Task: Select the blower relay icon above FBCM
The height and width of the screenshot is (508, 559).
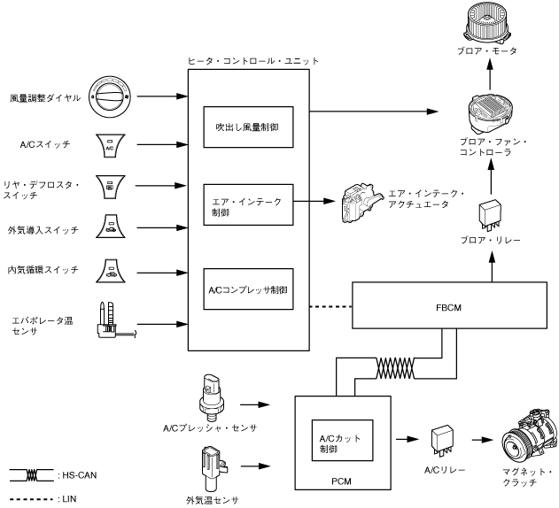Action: tap(489, 213)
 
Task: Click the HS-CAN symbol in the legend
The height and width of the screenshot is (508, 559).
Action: tap(30, 475)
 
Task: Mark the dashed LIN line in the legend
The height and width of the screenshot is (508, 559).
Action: tap(30, 498)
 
